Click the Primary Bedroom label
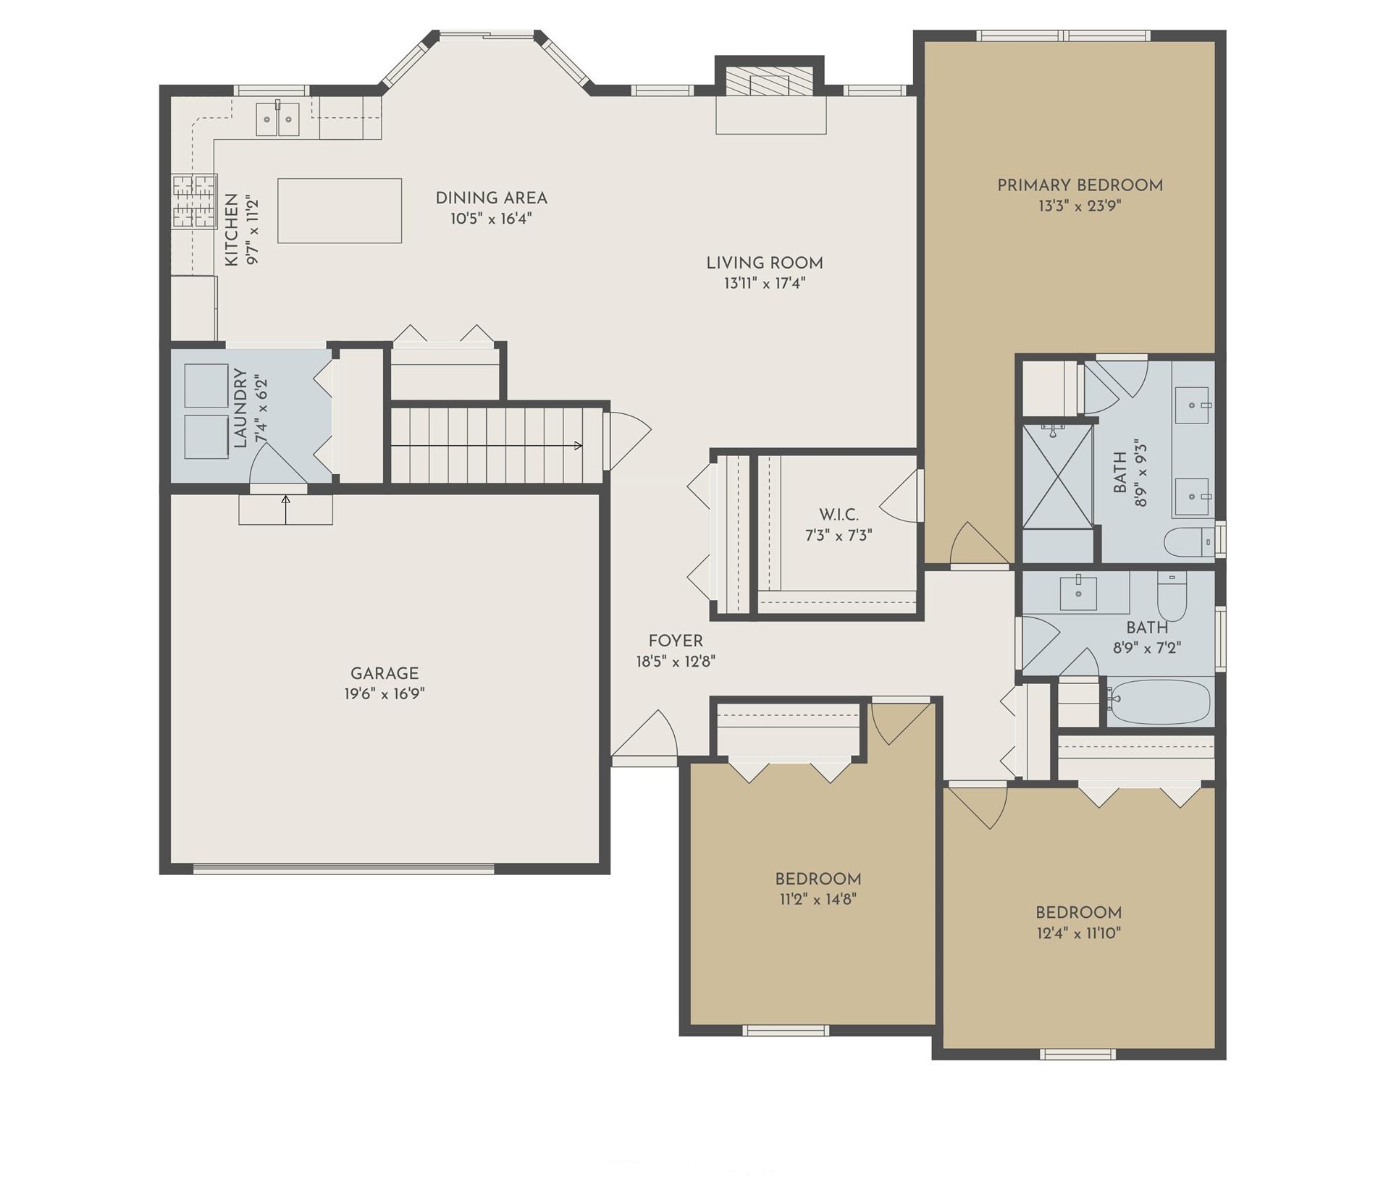click(1080, 185)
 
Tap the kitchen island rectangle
click(340, 211)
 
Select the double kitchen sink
click(278, 119)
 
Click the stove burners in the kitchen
click(194, 201)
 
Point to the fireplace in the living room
click(769, 84)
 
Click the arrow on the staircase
click(578, 445)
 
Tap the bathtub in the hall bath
click(1159, 701)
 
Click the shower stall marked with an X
click(1057, 476)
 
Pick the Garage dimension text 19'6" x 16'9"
click(385, 694)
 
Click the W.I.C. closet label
click(839, 515)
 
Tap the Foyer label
click(676, 641)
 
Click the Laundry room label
click(241, 409)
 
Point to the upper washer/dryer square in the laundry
click(206, 387)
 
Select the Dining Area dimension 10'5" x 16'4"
click(491, 219)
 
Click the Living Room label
click(765, 263)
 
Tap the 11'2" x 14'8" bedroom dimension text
click(818, 900)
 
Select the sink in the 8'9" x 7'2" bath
click(1078, 593)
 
